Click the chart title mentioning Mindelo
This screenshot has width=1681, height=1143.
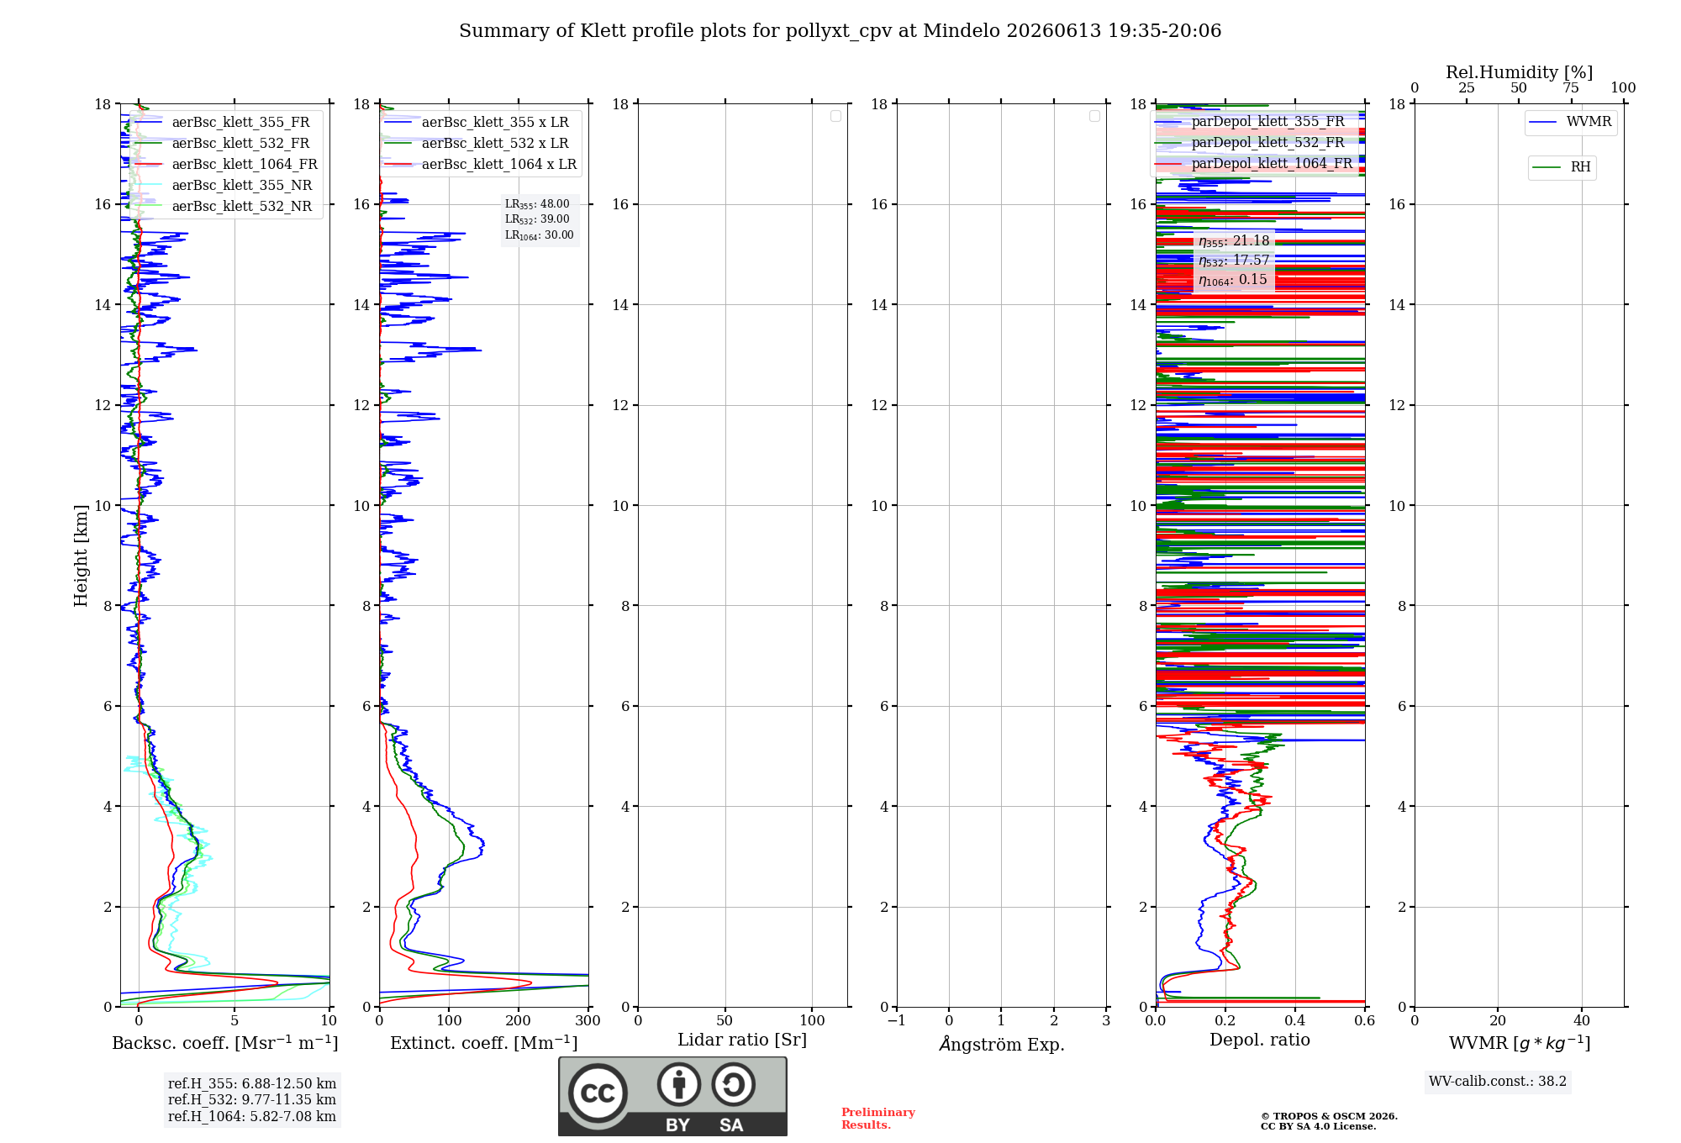pos(840,31)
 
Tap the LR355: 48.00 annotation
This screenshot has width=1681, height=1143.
pos(537,204)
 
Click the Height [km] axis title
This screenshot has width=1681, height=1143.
pos(81,556)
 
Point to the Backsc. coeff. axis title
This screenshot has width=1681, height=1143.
pos(225,1043)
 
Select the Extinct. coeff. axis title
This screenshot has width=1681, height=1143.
pos(484,1043)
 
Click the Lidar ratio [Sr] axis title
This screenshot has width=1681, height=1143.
pos(742,1040)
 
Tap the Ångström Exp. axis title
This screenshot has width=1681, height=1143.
pos(1002,1044)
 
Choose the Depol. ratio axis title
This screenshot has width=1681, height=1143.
pos(1260,1040)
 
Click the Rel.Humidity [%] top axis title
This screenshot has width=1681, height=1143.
pos(1520,72)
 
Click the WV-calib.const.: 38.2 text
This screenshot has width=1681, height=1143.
pos(1498,1082)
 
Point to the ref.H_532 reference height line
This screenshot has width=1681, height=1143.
pos(252,1100)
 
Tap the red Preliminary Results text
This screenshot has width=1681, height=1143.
pos(878,1119)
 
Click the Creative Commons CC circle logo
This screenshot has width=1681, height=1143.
pos(598,1093)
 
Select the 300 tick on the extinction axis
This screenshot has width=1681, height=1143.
pos(588,1021)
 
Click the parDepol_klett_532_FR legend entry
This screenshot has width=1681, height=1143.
pos(1268,143)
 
